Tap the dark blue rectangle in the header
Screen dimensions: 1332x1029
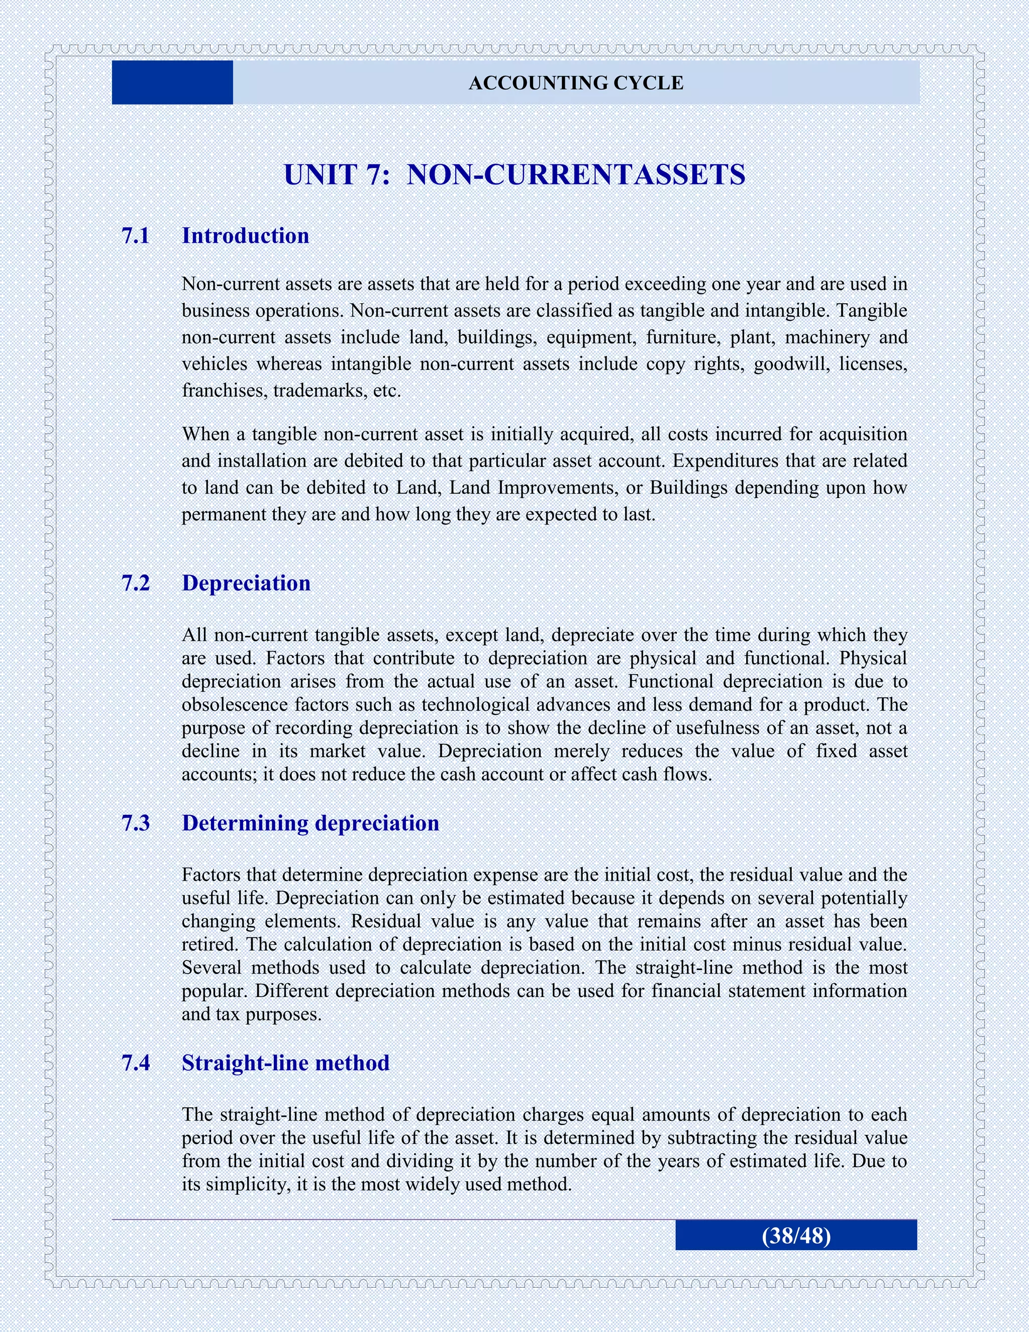(172, 82)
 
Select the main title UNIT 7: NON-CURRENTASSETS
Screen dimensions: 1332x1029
(514, 175)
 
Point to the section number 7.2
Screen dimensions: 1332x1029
(135, 583)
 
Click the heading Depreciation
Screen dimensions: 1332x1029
(246, 583)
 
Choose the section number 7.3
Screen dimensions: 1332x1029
(135, 823)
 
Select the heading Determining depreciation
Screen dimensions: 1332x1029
(311, 823)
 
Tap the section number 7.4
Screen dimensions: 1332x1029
(135, 1063)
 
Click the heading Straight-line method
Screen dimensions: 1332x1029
(285, 1063)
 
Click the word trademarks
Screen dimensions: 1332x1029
(320, 391)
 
